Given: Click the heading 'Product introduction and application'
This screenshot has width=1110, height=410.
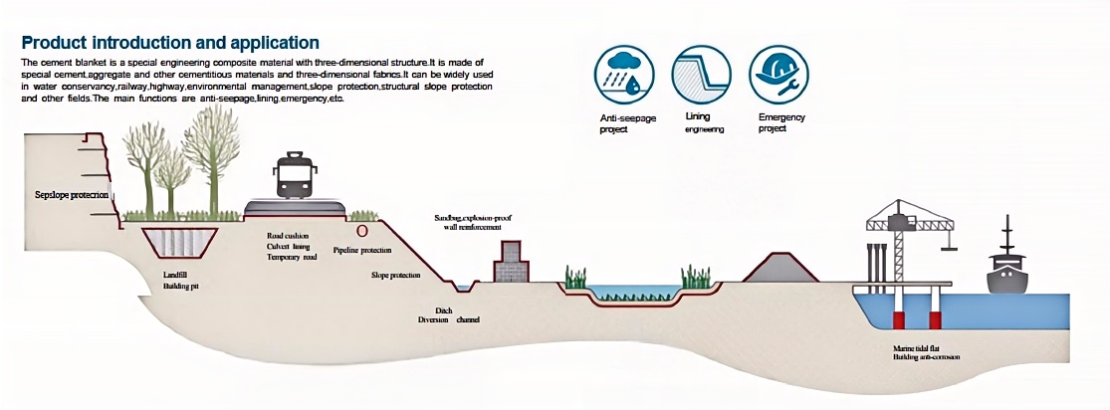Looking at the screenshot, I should (170, 43).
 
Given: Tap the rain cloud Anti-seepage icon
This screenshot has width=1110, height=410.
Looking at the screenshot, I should (625, 76).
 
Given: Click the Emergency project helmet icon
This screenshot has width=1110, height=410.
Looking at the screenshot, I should (778, 76).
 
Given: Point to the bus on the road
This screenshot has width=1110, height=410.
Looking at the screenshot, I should (295, 176).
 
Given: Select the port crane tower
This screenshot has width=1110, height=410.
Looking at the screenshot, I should (902, 244).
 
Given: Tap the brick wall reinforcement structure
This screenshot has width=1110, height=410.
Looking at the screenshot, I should (512, 263).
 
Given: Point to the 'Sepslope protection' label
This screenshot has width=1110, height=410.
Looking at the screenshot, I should (70, 194).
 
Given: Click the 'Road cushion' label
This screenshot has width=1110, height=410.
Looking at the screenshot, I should (290, 236).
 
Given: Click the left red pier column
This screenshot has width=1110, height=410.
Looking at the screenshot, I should (897, 318).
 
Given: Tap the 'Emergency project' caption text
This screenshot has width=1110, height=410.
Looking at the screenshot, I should (780, 122).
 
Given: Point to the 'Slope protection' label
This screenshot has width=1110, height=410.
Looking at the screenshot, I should (396, 275).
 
